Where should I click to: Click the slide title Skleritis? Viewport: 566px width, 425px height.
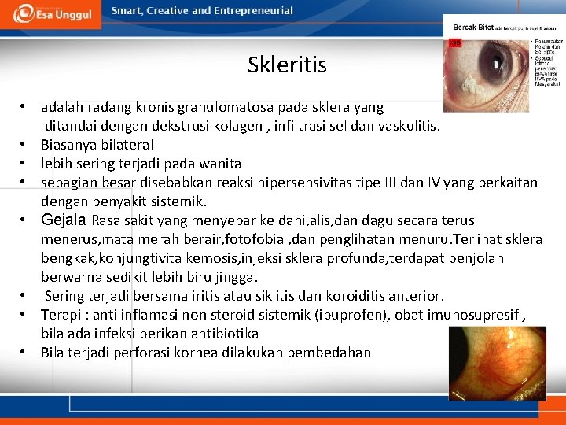coord(287,65)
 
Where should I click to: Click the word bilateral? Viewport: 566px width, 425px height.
coord(124,145)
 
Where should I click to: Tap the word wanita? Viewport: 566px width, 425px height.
coord(219,164)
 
